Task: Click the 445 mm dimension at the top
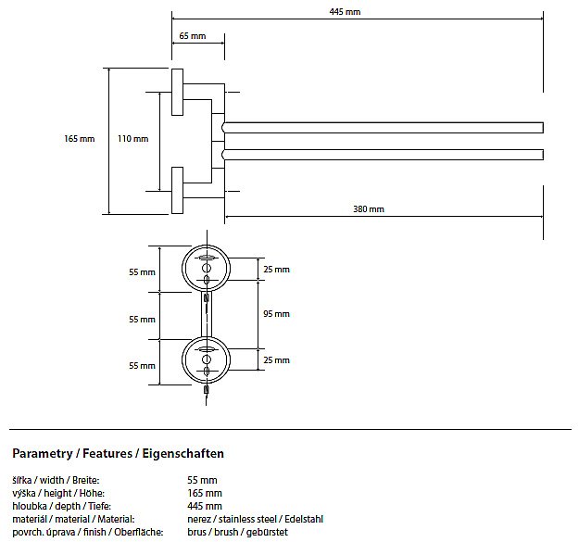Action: coord(345,12)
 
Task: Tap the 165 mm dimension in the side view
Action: coord(80,139)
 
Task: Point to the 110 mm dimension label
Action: coord(132,139)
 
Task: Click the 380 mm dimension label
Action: coord(368,208)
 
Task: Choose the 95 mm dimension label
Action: coord(276,314)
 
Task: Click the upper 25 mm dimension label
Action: coord(276,269)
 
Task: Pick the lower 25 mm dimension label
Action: coord(276,359)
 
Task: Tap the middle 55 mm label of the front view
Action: coord(142,319)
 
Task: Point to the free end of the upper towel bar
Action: coord(539,127)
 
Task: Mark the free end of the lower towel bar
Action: coord(539,154)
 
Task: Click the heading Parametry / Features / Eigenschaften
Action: coord(118,454)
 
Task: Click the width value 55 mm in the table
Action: coord(202,480)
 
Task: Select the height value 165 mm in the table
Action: coord(205,493)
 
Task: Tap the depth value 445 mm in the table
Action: coord(205,506)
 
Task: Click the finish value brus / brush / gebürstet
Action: coord(237,532)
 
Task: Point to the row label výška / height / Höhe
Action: coord(57,493)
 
